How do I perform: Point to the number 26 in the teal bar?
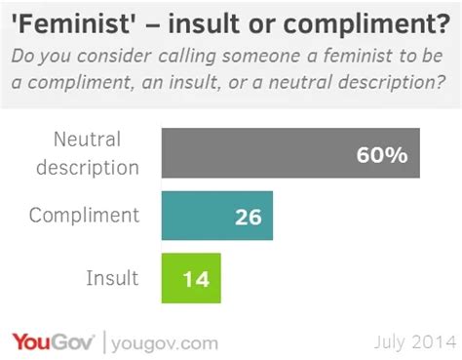click(248, 217)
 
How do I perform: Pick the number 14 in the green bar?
click(196, 279)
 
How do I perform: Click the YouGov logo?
click(52, 341)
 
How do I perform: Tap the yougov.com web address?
click(164, 342)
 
